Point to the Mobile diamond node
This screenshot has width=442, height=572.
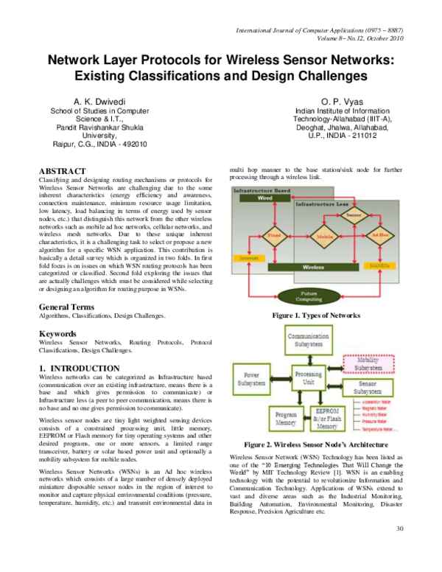[322, 237]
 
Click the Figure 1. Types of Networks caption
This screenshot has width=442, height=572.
[315, 315]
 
